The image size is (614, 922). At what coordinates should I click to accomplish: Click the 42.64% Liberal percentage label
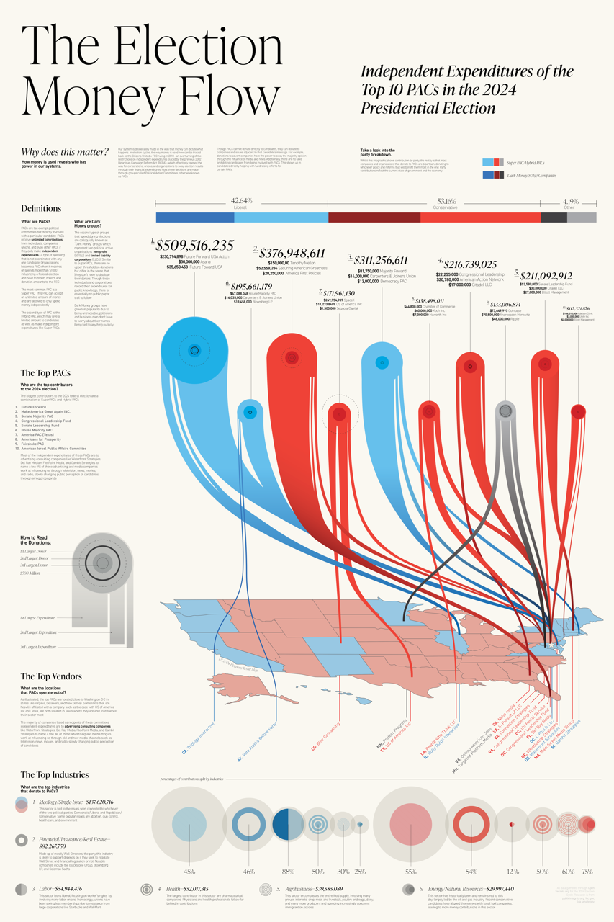(x=241, y=200)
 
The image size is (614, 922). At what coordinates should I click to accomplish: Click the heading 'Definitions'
(x=41, y=209)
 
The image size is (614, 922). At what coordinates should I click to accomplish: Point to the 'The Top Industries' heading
(x=55, y=775)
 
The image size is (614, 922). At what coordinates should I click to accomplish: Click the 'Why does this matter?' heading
(x=65, y=152)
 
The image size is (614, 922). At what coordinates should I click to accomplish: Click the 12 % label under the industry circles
(x=512, y=871)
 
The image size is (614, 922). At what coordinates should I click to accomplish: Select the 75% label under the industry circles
(x=587, y=871)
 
